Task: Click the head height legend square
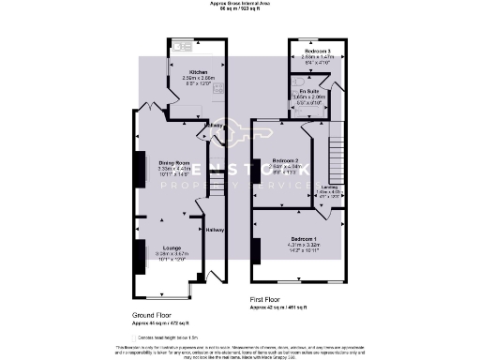[x=132, y=336]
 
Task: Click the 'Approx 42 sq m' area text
[x=285, y=307]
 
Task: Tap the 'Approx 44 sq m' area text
[x=161, y=323]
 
